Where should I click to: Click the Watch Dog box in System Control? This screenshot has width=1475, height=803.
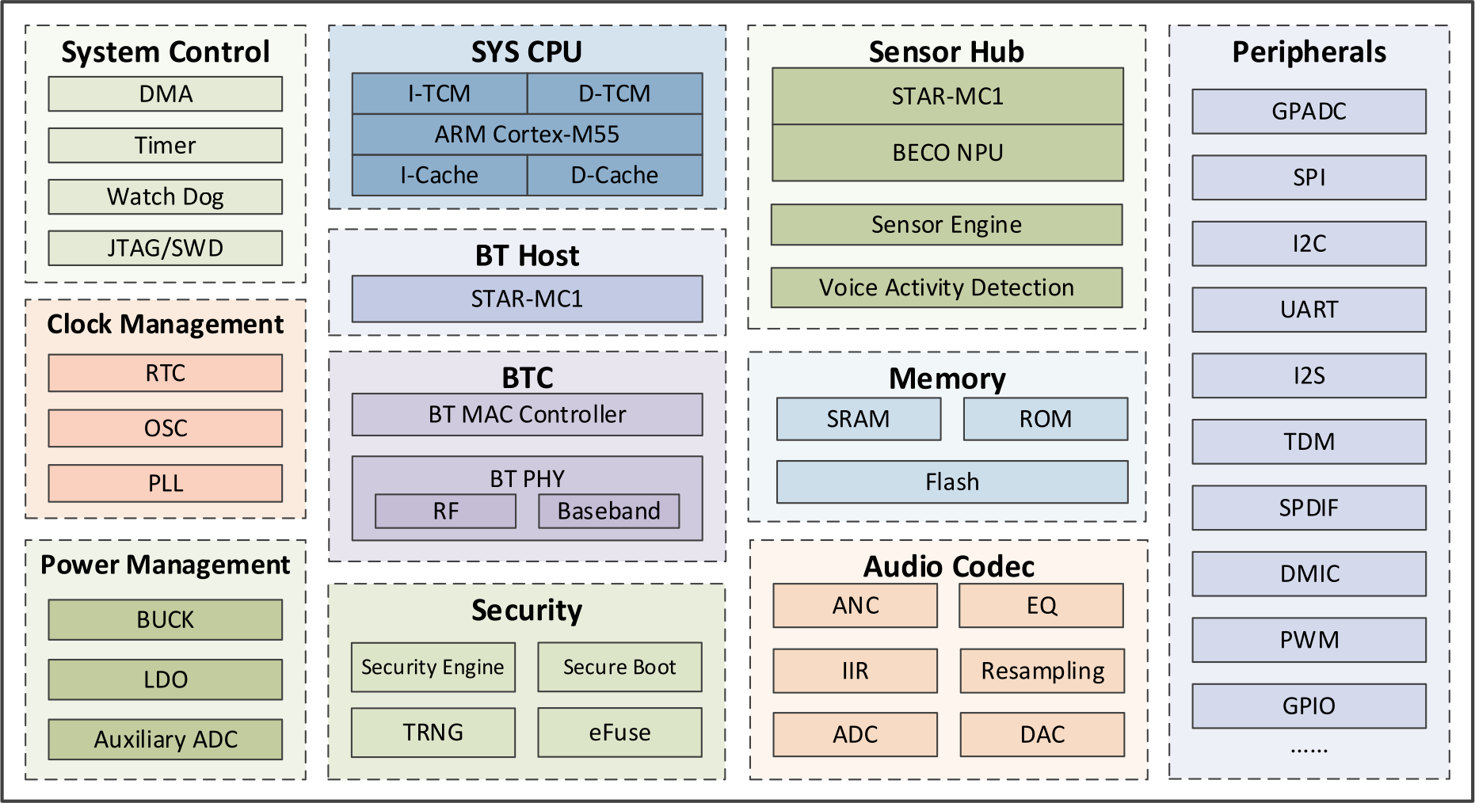click(x=165, y=196)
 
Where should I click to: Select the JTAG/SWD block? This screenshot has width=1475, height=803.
click(x=165, y=248)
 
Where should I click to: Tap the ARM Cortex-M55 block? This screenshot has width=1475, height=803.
click(x=527, y=134)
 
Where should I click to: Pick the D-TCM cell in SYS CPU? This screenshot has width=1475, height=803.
click(x=615, y=93)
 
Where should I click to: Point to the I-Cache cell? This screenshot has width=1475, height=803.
click(x=439, y=175)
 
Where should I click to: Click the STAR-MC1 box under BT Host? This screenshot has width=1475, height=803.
click(x=527, y=299)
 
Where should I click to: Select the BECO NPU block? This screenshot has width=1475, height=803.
click(x=947, y=153)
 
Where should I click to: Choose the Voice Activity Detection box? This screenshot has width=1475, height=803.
click(x=947, y=287)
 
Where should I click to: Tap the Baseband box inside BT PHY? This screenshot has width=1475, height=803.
click(x=608, y=512)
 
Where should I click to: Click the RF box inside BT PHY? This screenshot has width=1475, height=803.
click(x=445, y=512)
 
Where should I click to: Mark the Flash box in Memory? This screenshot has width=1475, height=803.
click(x=952, y=482)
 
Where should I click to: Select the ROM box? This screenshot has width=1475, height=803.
click(x=1045, y=419)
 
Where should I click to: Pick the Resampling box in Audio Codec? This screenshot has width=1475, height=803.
click(x=1042, y=671)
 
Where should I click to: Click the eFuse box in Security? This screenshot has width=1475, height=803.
click(x=619, y=733)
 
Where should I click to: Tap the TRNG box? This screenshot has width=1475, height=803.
click(x=433, y=733)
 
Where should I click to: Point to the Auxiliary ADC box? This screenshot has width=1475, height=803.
click(x=165, y=739)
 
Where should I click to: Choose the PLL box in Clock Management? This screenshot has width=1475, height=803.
click(x=165, y=483)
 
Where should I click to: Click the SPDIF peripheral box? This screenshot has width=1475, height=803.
click(x=1309, y=508)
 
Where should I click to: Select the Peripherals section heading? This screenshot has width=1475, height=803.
click(x=1309, y=52)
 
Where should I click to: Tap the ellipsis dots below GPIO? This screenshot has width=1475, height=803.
click(x=1309, y=749)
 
